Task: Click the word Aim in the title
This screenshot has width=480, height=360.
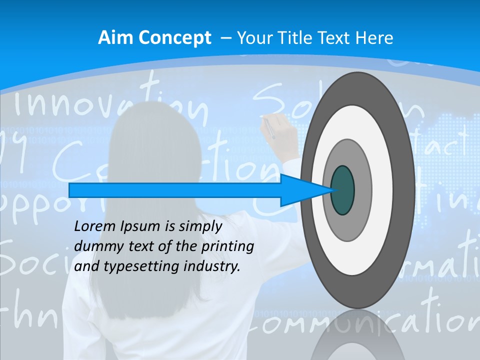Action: (112, 37)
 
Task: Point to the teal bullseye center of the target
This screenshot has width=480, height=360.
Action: (342, 190)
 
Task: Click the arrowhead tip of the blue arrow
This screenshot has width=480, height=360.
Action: (331, 190)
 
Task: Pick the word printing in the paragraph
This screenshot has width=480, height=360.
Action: (228, 247)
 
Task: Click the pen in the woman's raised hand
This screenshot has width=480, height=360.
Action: (269, 127)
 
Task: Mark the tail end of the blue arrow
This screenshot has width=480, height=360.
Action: (70, 190)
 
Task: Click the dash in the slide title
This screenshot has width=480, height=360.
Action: (225, 38)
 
